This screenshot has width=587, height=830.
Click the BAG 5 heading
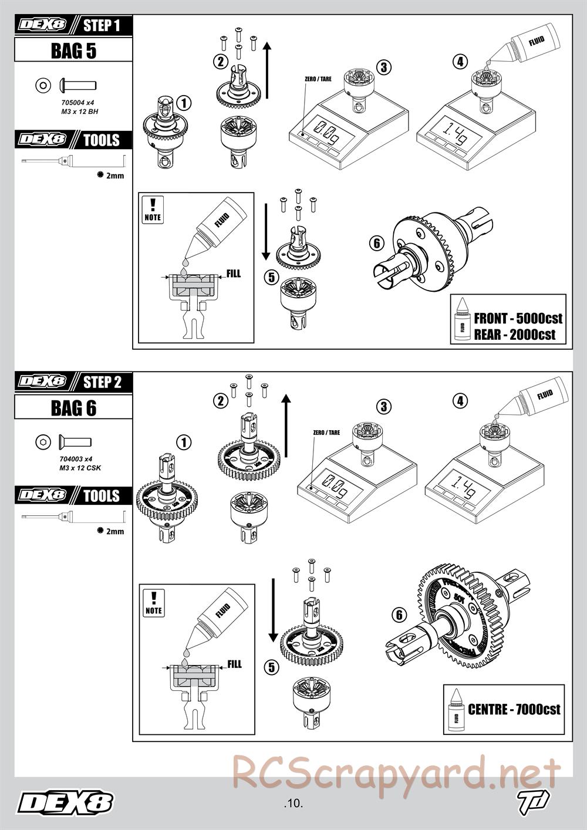73,50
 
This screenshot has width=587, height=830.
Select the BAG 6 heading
73,407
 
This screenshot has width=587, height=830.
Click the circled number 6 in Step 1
376,242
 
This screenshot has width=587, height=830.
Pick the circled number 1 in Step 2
184,441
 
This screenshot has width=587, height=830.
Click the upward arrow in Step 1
267,70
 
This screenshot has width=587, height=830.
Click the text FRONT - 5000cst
518,319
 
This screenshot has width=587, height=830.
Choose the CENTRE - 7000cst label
514,710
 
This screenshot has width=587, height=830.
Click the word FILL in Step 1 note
234,274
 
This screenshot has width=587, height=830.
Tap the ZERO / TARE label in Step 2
326,433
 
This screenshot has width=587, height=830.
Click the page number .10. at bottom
292,803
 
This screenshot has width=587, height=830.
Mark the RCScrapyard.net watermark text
396,772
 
